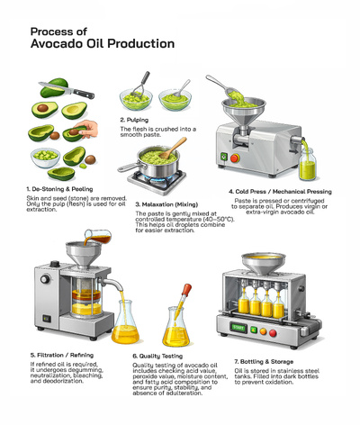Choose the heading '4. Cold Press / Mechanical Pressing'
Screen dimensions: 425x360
(x=280, y=192)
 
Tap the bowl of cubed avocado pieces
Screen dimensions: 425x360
(x=42, y=156)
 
